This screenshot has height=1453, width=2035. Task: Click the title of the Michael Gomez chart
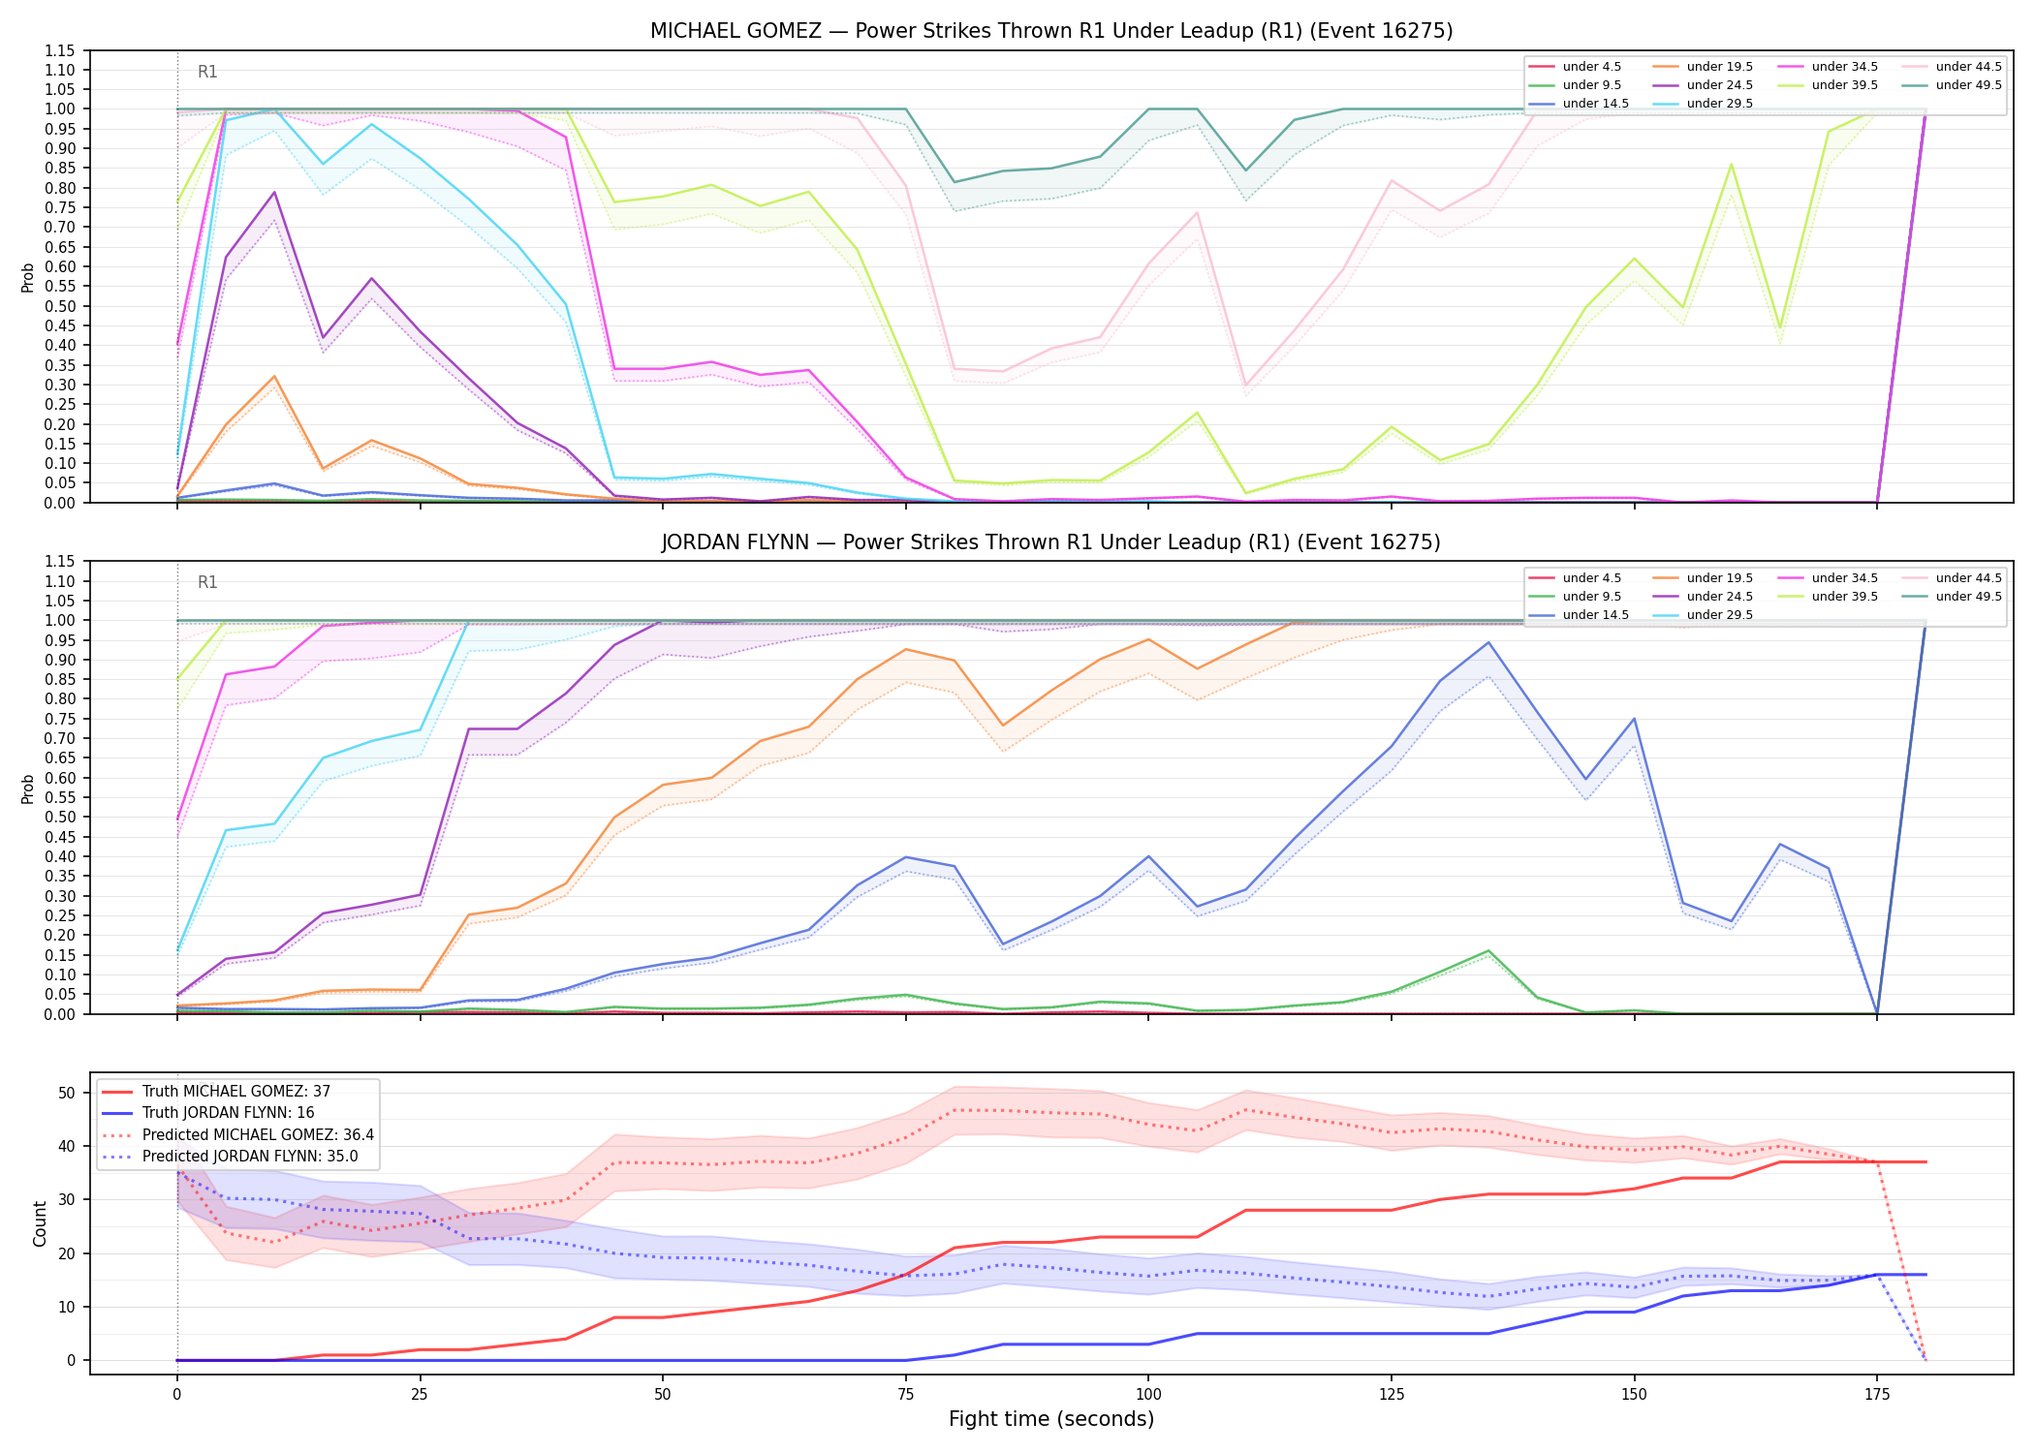coord(1051,31)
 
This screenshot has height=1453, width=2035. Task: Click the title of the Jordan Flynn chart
coord(1051,542)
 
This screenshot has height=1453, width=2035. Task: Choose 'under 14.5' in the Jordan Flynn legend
coord(1596,615)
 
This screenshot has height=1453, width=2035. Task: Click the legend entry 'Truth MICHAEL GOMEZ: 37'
coord(236,1092)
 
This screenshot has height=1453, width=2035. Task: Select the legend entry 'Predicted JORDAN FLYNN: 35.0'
coord(250,1157)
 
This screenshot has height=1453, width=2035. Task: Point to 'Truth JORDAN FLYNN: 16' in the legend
coord(229,1113)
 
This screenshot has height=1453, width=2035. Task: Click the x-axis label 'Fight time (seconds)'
coord(1051,1419)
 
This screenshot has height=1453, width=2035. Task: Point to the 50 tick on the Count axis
coord(67,1093)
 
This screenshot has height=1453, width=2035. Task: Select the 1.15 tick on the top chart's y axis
coord(60,50)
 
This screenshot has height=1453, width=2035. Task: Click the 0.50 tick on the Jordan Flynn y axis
coord(60,818)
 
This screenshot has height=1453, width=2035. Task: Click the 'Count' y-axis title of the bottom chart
coord(40,1223)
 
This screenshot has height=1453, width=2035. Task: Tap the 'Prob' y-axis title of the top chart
coord(28,278)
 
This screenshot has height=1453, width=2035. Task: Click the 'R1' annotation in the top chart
coord(207,72)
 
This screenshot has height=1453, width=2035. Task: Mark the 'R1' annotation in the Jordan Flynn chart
coord(207,582)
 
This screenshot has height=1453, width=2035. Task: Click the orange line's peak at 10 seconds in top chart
coord(274,377)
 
